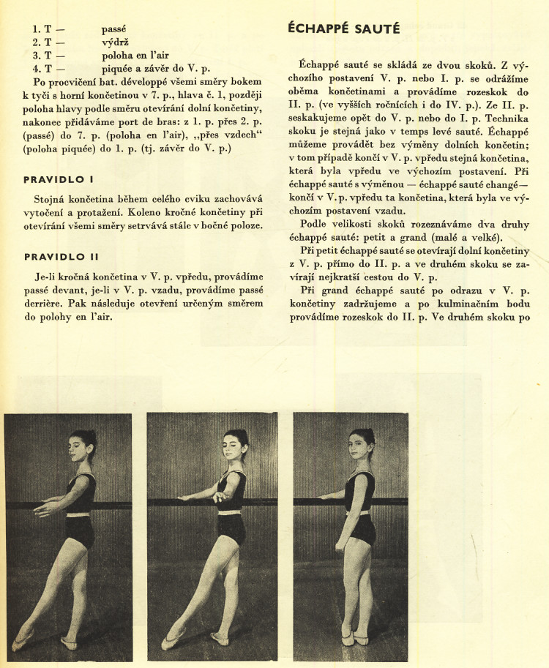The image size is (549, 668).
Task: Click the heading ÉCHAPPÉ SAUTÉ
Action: (341, 29)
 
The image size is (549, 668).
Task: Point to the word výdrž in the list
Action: (116, 42)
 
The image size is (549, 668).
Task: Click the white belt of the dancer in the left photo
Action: (79, 514)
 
